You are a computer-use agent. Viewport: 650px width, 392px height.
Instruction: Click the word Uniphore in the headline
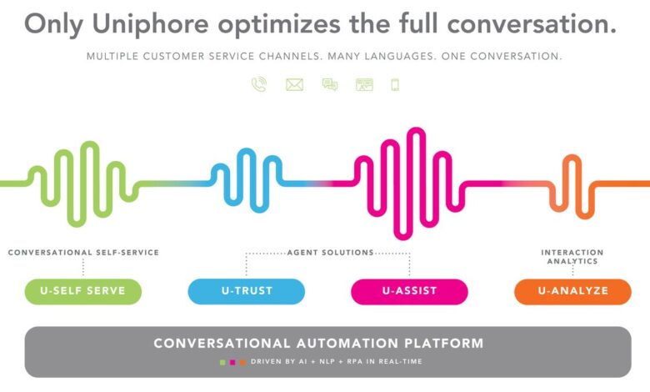(151, 24)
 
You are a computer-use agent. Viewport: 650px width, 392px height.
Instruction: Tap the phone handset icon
(259, 84)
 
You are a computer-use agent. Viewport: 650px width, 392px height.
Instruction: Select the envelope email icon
(294, 84)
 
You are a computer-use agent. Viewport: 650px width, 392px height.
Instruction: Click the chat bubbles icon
(330, 84)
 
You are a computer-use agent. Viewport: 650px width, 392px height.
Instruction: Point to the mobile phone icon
(395, 84)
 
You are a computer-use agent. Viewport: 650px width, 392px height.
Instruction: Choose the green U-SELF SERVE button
(82, 291)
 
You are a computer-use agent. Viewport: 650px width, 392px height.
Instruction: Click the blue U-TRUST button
(246, 291)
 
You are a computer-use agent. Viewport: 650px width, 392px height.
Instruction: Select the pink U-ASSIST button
(409, 291)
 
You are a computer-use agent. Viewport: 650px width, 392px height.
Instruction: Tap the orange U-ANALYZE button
(572, 291)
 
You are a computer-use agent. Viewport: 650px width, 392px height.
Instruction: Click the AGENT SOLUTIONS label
(330, 252)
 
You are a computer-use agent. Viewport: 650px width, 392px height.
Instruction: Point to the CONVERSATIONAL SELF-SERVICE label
(83, 252)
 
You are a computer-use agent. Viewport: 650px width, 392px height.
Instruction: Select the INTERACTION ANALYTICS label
(572, 257)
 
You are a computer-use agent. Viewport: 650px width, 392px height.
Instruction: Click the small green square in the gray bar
(222, 362)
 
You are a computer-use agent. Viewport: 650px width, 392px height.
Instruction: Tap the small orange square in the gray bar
(242, 362)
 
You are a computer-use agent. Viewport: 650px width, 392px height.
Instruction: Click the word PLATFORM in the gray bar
(443, 344)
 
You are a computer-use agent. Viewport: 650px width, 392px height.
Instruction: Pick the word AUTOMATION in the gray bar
(347, 344)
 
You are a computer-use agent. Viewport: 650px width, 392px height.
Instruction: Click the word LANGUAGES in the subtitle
(401, 57)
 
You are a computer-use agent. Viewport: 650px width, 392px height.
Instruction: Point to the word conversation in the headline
(532, 24)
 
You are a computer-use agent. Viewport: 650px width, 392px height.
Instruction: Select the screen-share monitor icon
(364, 84)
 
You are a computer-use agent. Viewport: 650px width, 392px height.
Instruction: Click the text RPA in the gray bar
(355, 362)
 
